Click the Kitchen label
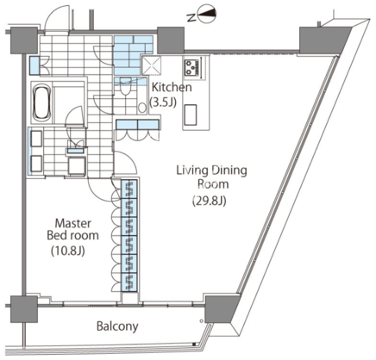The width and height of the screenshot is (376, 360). pos(172,87)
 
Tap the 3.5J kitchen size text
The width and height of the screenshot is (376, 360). pos(163,102)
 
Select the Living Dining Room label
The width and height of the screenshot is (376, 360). pos(212,177)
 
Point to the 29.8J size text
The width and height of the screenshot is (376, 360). pos(210,201)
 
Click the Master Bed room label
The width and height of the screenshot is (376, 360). pos(73,229)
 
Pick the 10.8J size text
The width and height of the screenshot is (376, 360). pos(68,251)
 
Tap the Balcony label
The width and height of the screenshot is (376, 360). pos(117,326)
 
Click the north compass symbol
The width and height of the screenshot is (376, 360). pos(206,14)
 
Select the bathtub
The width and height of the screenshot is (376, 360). pos(42,102)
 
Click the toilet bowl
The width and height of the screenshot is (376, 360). pos(125,86)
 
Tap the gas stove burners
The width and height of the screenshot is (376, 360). pos(190,68)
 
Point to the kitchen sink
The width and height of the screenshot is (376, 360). pos(191,115)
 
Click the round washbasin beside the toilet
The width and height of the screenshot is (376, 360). pos(142,108)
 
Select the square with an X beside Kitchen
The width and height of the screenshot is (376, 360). pos(152,65)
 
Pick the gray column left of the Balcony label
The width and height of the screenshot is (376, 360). pos(24,309)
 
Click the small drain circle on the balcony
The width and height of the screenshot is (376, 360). pos(201,320)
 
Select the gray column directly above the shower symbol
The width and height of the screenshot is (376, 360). pos(171,40)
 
